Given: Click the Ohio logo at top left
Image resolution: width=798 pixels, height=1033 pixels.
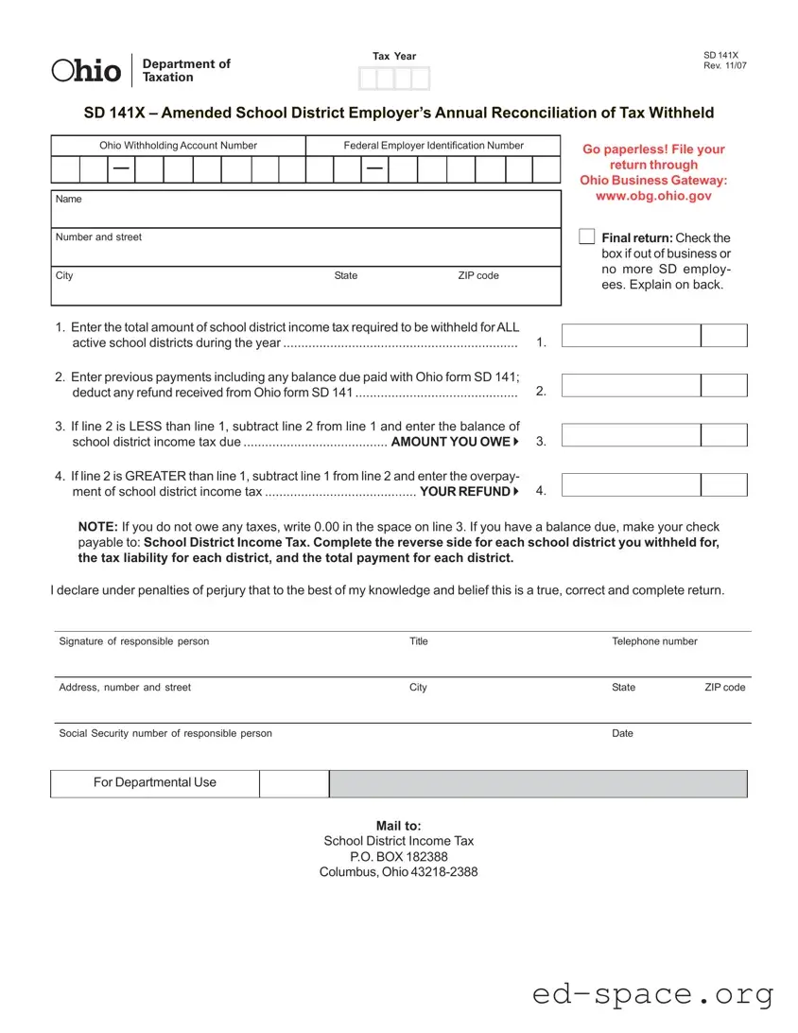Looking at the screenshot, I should [86, 70].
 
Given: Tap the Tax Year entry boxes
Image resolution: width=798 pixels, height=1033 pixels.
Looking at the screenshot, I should [394, 79].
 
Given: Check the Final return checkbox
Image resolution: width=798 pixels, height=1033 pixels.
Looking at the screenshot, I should [586, 236].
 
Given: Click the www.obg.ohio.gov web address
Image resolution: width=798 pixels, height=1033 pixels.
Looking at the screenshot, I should [653, 196].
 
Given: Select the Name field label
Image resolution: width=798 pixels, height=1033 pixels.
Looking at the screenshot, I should [69, 200].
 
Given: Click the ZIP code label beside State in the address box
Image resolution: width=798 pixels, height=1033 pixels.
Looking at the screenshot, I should [478, 275].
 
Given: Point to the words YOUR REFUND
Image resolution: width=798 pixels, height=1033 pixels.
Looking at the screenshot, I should [464, 491].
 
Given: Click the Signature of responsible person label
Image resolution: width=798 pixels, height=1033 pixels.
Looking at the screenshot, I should [134, 641].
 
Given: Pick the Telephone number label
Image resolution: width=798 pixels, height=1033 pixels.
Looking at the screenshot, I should [654, 641].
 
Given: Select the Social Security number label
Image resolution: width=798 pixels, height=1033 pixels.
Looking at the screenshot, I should [165, 733].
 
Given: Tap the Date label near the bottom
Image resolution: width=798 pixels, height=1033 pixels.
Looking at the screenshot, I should [622, 733].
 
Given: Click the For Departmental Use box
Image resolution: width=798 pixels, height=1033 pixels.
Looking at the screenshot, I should [155, 782].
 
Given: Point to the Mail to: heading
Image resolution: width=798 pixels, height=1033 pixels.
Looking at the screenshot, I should [398, 826].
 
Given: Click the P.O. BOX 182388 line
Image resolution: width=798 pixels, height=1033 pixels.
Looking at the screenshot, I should [398, 856].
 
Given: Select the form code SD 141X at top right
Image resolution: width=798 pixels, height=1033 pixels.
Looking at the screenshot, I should [720, 56].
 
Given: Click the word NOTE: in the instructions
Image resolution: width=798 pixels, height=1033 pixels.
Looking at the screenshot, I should [97, 527].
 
